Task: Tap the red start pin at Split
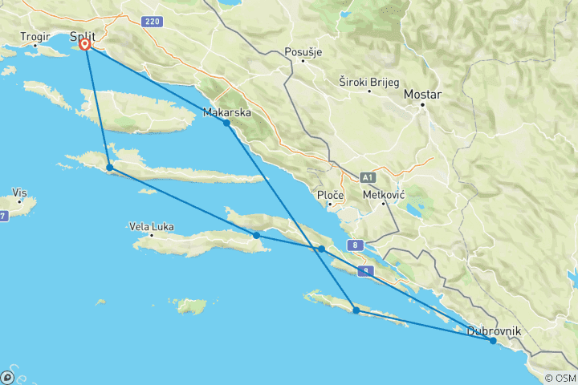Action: pos(85,45)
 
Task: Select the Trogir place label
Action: pos(35,36)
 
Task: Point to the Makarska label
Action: pos(226,112)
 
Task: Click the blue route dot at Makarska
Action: pos(227,123)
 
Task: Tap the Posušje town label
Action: pos(303,52)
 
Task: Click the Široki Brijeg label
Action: pos(368,81)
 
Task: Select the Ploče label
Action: pos(330,196)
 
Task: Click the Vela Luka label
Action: pos(151,226)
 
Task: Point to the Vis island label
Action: pos(20,192)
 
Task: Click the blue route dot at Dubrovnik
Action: pos(493,341)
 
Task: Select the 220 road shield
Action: pos(153,21)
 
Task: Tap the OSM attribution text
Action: pos(560,378)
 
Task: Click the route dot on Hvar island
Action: pos(110,168)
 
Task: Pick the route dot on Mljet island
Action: pos(356,310)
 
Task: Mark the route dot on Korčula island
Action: pos(256,235)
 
